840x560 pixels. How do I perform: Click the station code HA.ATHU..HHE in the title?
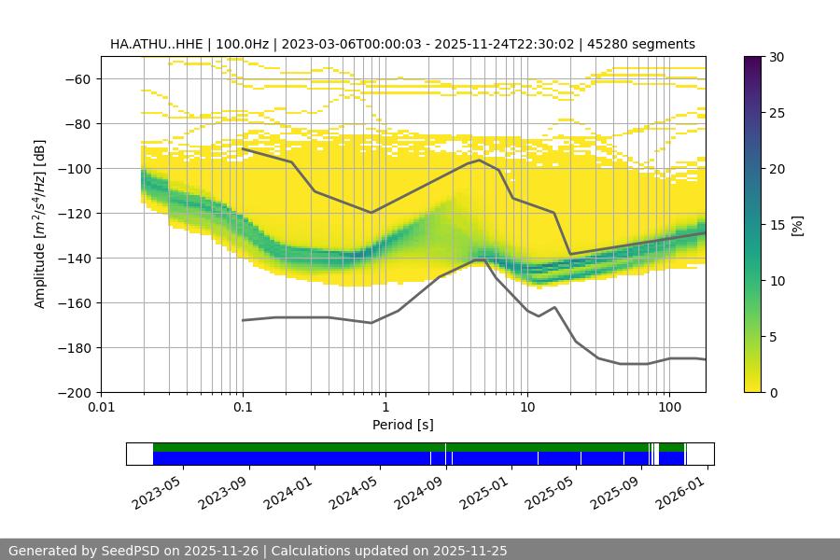tap(155, 44)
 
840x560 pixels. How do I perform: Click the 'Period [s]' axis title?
tap(402, 426)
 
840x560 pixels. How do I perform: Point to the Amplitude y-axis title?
tap(40, 224)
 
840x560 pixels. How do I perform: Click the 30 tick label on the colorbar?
tap(777, 57)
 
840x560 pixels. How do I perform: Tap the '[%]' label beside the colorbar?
tap(797, 225)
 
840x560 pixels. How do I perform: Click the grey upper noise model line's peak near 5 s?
tap(479, 160)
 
